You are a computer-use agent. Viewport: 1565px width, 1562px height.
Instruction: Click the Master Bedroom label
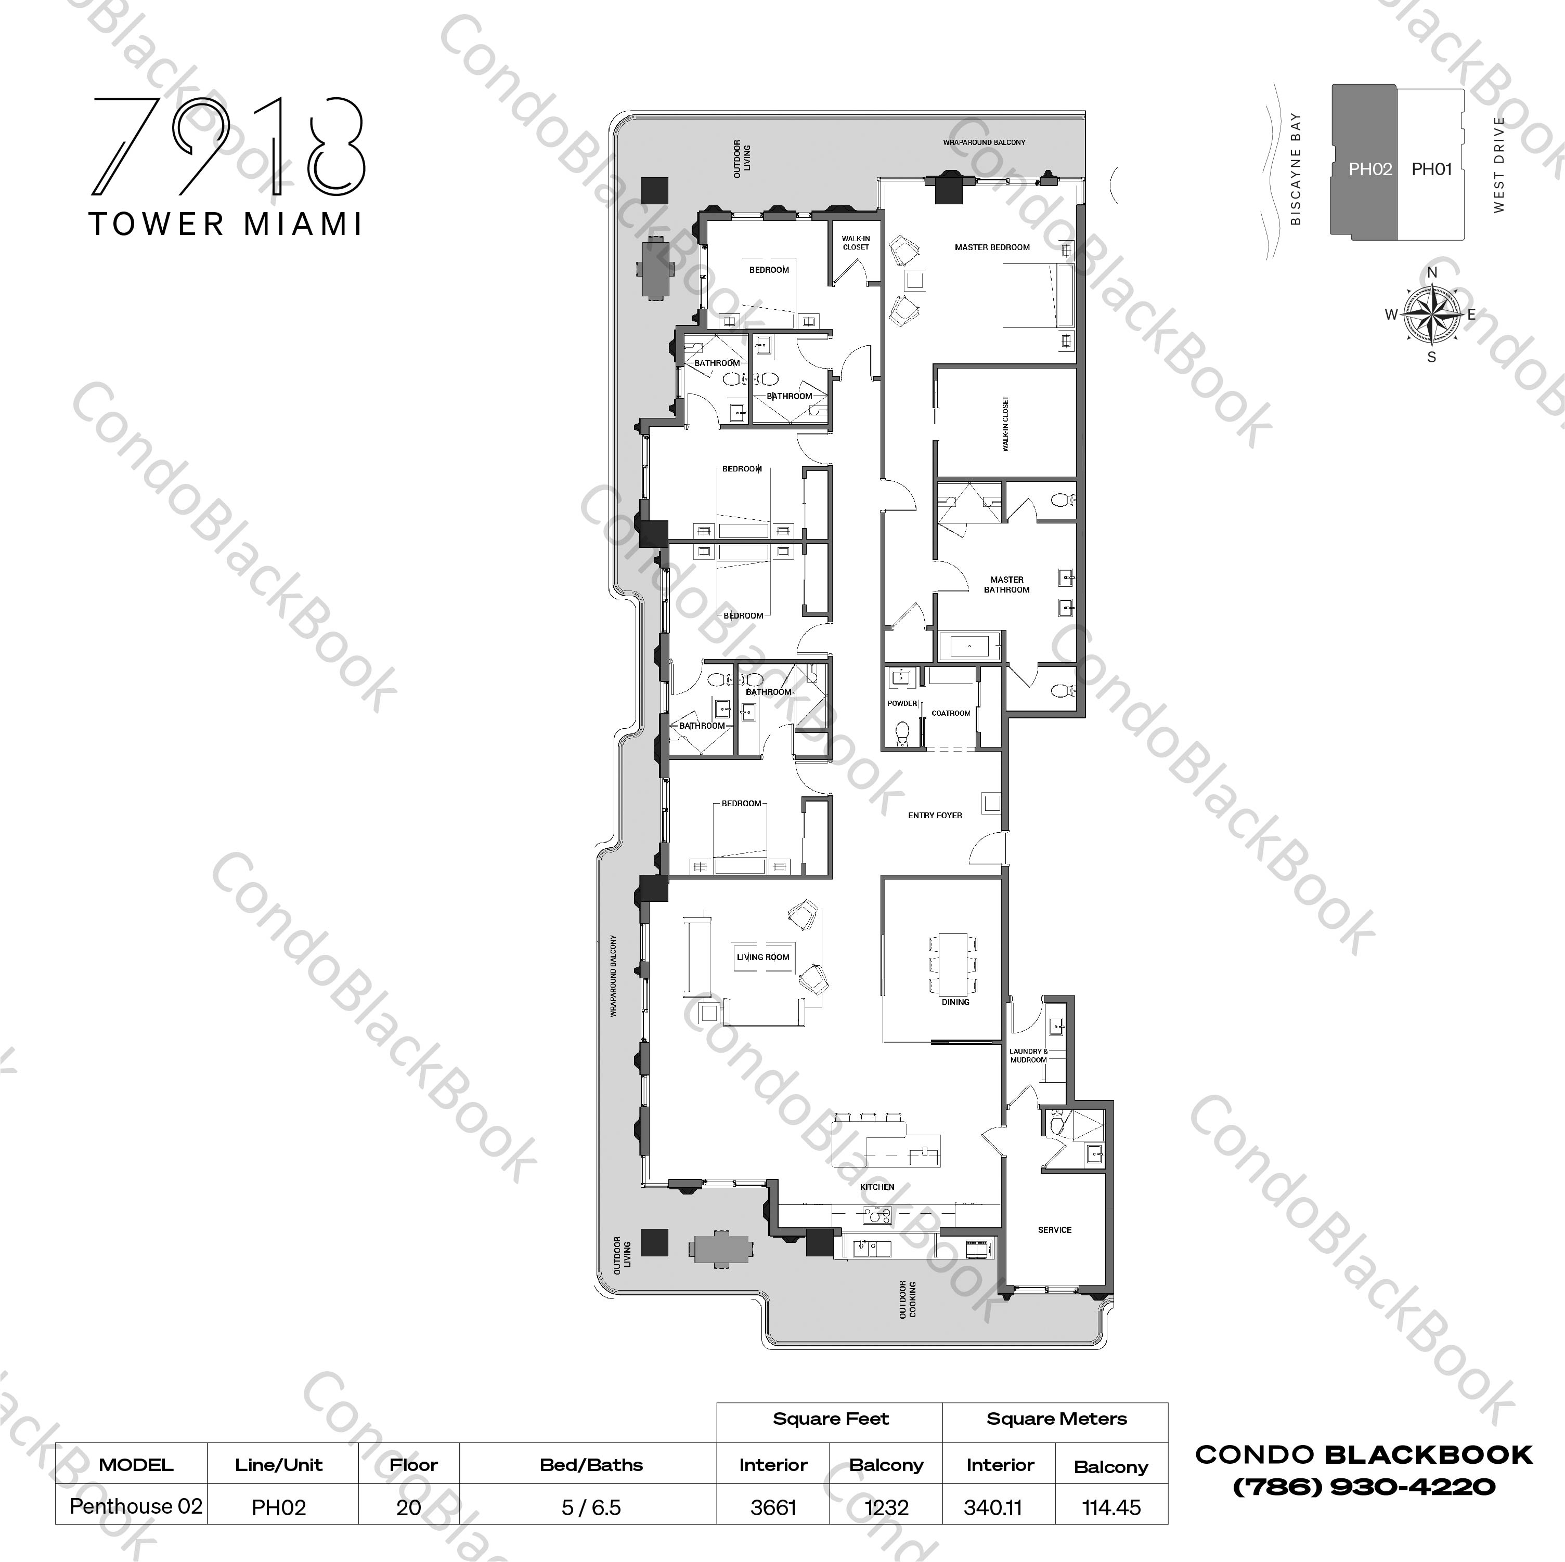tap(991, 247)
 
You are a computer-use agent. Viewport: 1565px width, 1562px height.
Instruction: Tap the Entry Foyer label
tap(935, 816)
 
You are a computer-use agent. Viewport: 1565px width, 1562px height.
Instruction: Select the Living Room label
tap(762, 957)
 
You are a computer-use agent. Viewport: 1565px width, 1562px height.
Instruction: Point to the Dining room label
tap(955, 1002)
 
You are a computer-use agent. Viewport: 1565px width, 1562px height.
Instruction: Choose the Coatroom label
tap(950, 713)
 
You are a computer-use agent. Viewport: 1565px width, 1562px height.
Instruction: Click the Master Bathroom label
tap(1007, 585)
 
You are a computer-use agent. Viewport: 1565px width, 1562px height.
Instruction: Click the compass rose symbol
tap(1431, 314)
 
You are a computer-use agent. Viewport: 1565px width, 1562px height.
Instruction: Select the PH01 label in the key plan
tap(1431, 169)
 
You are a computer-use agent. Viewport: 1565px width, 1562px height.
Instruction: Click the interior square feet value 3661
tap(773, 1508)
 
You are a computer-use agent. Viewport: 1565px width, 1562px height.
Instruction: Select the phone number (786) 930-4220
tap(1363, 1488)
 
